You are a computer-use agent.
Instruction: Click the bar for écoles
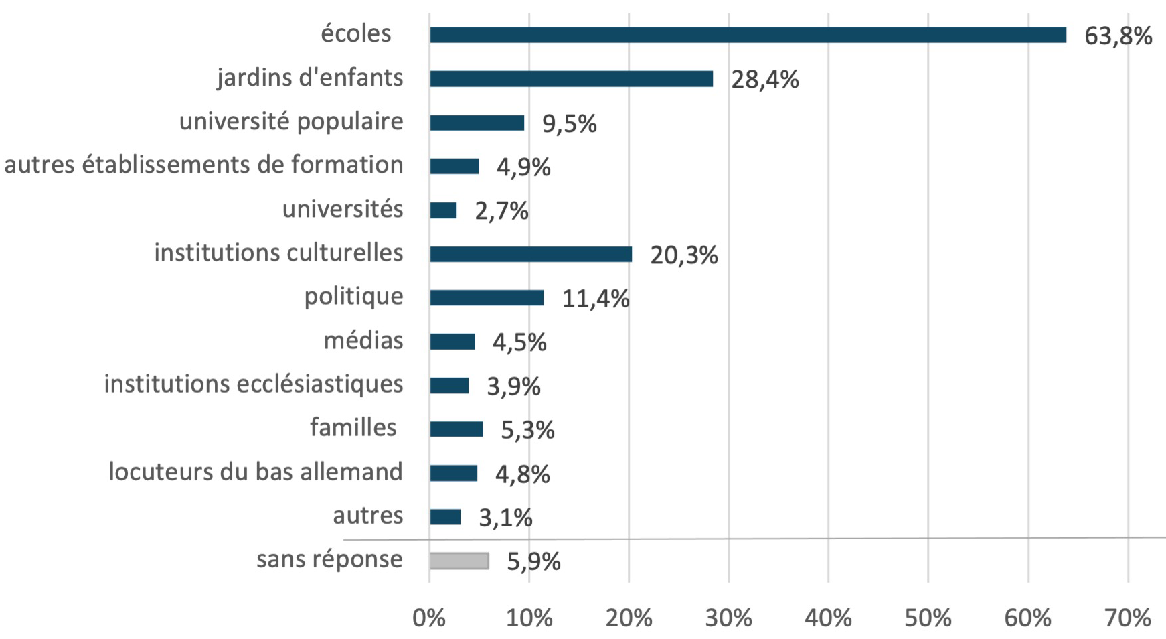(748, 35)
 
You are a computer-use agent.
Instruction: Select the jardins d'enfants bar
(571, 79)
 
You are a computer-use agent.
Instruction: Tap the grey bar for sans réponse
(459, 561)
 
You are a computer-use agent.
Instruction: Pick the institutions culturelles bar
(531, 255)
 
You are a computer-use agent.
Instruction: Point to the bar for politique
(487, 298)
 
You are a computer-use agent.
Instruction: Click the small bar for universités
(443, 210)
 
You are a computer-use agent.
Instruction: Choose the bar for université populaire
(477, 123)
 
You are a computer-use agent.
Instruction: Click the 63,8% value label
(1118, 35)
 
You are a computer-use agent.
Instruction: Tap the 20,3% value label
(683, 255)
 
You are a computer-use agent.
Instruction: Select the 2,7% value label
(501, 211)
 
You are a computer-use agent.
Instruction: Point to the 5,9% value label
(533, 561)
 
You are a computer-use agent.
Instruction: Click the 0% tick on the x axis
(429, 618)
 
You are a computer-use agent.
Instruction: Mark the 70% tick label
(1128, 618)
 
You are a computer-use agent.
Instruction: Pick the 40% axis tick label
(828, 618)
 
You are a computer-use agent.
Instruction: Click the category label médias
(363, 340)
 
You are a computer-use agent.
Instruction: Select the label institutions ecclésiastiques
(254, 384)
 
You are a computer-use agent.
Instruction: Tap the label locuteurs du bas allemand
(256, 472)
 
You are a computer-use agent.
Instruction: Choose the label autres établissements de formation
(203, 165)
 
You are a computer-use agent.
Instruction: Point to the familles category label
(353, 427)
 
